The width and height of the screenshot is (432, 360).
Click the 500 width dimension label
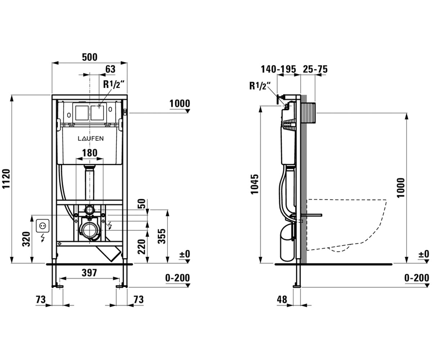(x=90, y=57)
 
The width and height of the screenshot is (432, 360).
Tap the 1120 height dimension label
(x=6, y=179)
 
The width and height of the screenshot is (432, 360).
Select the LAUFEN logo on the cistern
(x=91, y=139)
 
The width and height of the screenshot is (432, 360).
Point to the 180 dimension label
(x=90, y=153)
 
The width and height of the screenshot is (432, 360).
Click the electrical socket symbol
(x=42, y=226)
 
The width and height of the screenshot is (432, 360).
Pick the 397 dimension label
(x=89, y=273)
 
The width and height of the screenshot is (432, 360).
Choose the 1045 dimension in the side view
(x=255, y=184)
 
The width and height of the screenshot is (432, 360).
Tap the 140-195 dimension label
(x=278, y=69)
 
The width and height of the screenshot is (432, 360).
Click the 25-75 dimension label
(x=315, y=69)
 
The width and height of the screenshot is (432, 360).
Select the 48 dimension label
(x=282, y=300)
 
